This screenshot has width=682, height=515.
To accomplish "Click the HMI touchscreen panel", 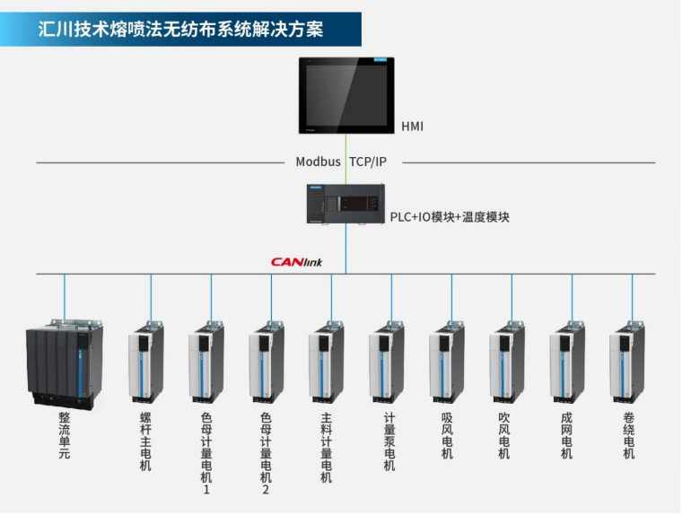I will pos(345,95).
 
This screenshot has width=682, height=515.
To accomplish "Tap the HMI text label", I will pos(412,127).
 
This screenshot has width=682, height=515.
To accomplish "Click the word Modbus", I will pos(319,161).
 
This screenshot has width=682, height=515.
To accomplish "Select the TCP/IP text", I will pos(368,161).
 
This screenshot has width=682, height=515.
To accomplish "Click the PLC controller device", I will pos(345,206).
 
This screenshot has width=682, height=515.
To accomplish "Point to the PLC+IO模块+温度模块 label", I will pos(450,217).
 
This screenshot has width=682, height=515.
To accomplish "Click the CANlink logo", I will pos(296,262).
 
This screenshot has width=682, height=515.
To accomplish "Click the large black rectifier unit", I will pos(64,363).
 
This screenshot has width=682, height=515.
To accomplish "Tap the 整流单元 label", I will pos(64,435).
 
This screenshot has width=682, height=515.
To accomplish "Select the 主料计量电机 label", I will pos(327,447).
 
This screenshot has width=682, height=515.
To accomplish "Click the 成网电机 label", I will pos(567,435).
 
